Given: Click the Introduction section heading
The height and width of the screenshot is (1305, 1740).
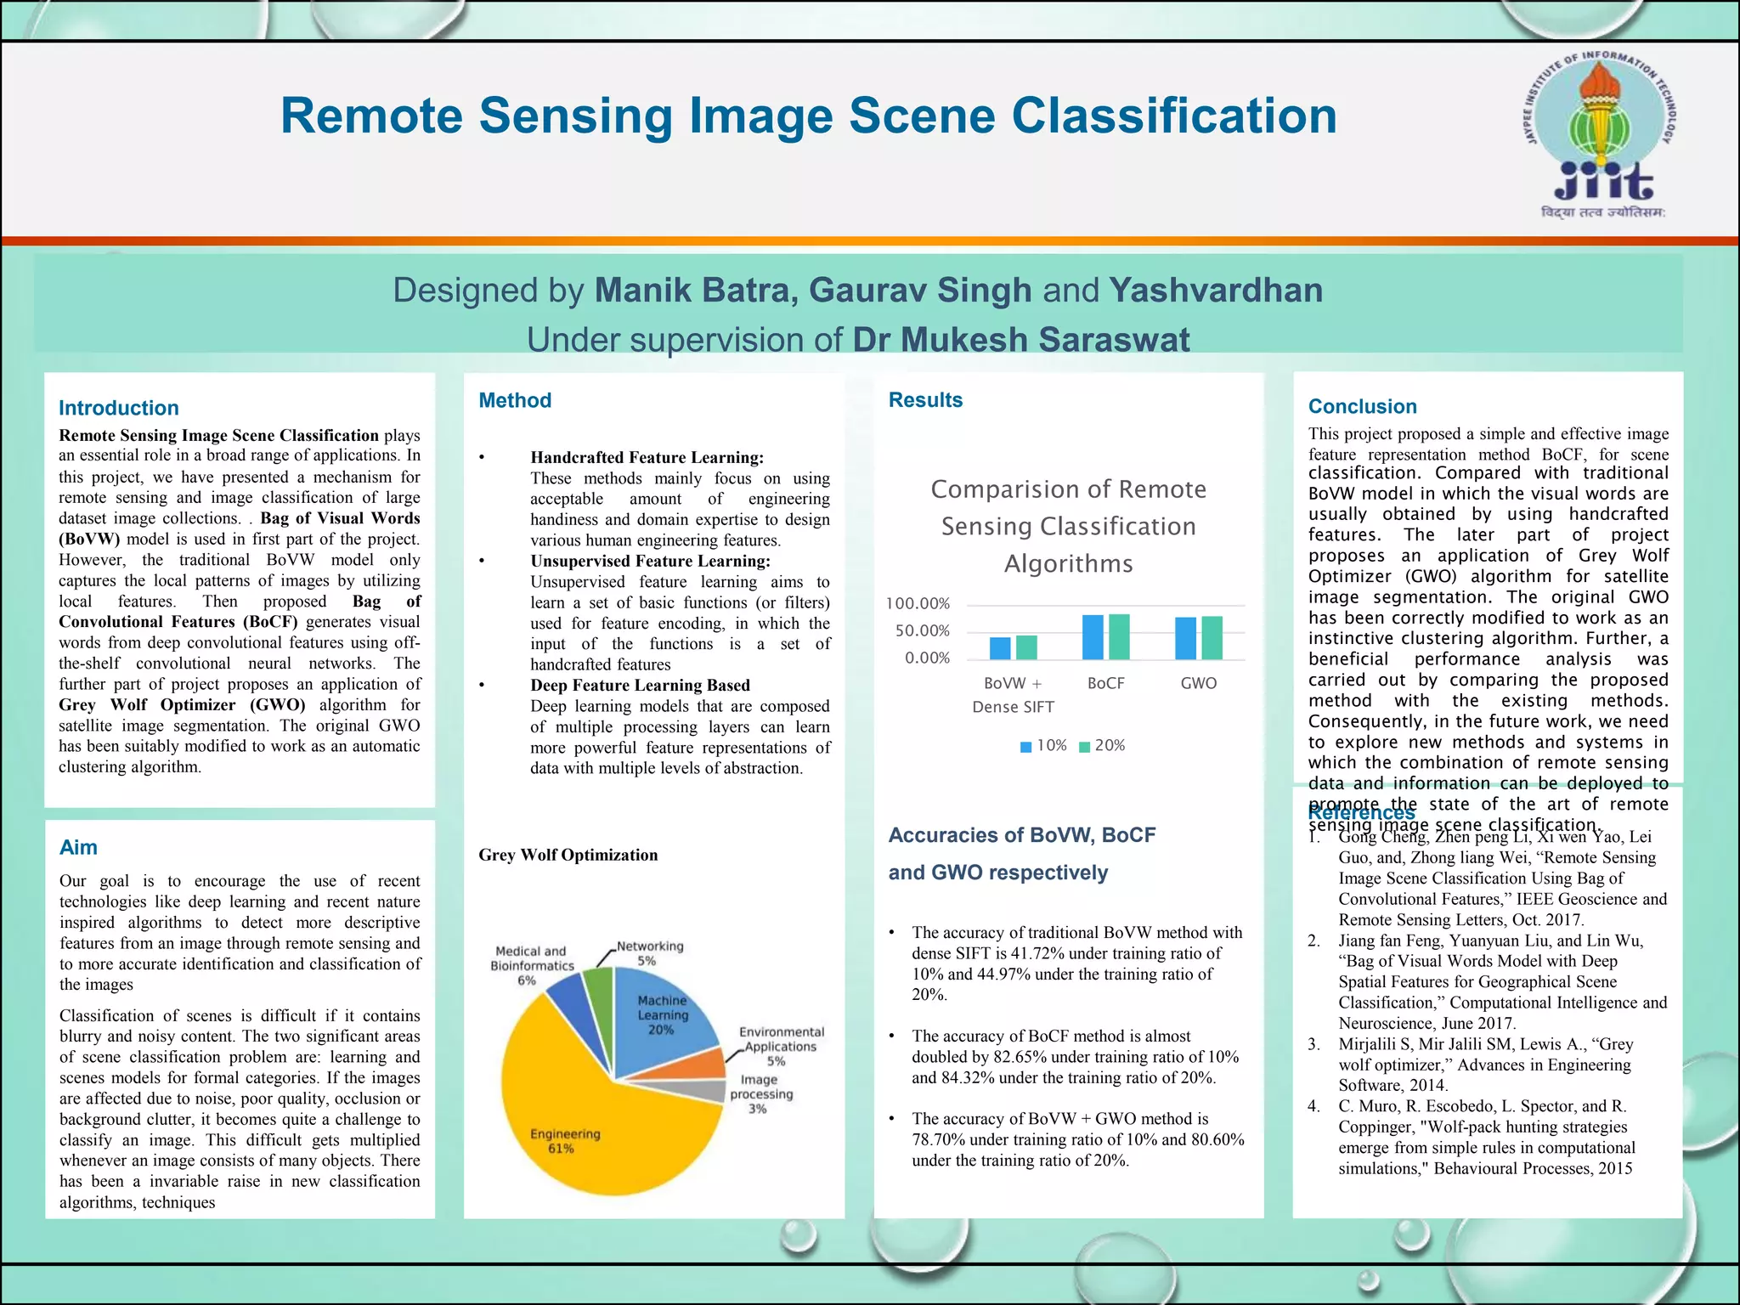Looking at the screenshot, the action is click(119, 408).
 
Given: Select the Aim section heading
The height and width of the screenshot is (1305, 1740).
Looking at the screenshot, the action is click(78, 847).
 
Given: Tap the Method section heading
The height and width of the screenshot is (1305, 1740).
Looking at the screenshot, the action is click(515, 400).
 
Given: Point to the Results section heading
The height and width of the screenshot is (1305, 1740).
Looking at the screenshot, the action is click(925, 400).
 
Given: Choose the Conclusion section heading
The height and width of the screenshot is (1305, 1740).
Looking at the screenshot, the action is click(1363, 406).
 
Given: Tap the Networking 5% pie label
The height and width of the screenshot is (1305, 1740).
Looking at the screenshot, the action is click(650, 953).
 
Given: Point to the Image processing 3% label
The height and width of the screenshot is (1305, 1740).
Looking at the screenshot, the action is click(760, 1094).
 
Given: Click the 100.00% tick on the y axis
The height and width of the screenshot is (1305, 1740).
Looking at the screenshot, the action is click(918, 604).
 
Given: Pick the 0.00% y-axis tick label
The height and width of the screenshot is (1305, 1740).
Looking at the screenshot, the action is click(927, 658).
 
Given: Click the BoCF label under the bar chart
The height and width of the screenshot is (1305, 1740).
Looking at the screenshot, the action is click(1105, 683).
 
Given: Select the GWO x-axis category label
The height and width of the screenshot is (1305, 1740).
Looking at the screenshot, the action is click(1198, 683).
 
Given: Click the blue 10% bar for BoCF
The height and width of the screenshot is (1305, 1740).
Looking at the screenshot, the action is click(1093, 637).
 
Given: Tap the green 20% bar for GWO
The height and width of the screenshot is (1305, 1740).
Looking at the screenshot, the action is click(1212, 638).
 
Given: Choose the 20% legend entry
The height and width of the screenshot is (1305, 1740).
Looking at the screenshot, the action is click(1102, 746).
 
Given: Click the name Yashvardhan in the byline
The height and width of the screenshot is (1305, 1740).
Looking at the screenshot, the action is click(1216, 291).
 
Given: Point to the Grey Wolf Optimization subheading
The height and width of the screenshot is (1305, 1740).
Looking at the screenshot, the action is click(568, 855).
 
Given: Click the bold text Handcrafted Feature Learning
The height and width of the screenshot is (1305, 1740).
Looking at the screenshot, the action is click(647, 458).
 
